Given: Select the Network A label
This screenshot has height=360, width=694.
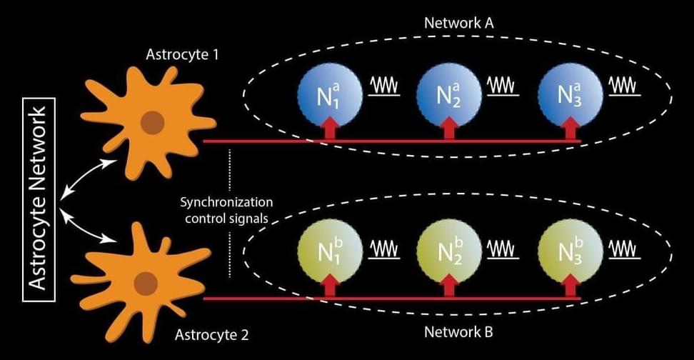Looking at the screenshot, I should pyautogui.click(x=460, y=22).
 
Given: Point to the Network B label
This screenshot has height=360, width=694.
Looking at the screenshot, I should pyautogui.click(x=459, y=332).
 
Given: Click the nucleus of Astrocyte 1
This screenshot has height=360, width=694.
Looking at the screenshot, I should pyautogui.click(x=151, y=124).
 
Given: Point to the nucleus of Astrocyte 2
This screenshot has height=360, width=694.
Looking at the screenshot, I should pyautogui.click(x=146, y=282).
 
